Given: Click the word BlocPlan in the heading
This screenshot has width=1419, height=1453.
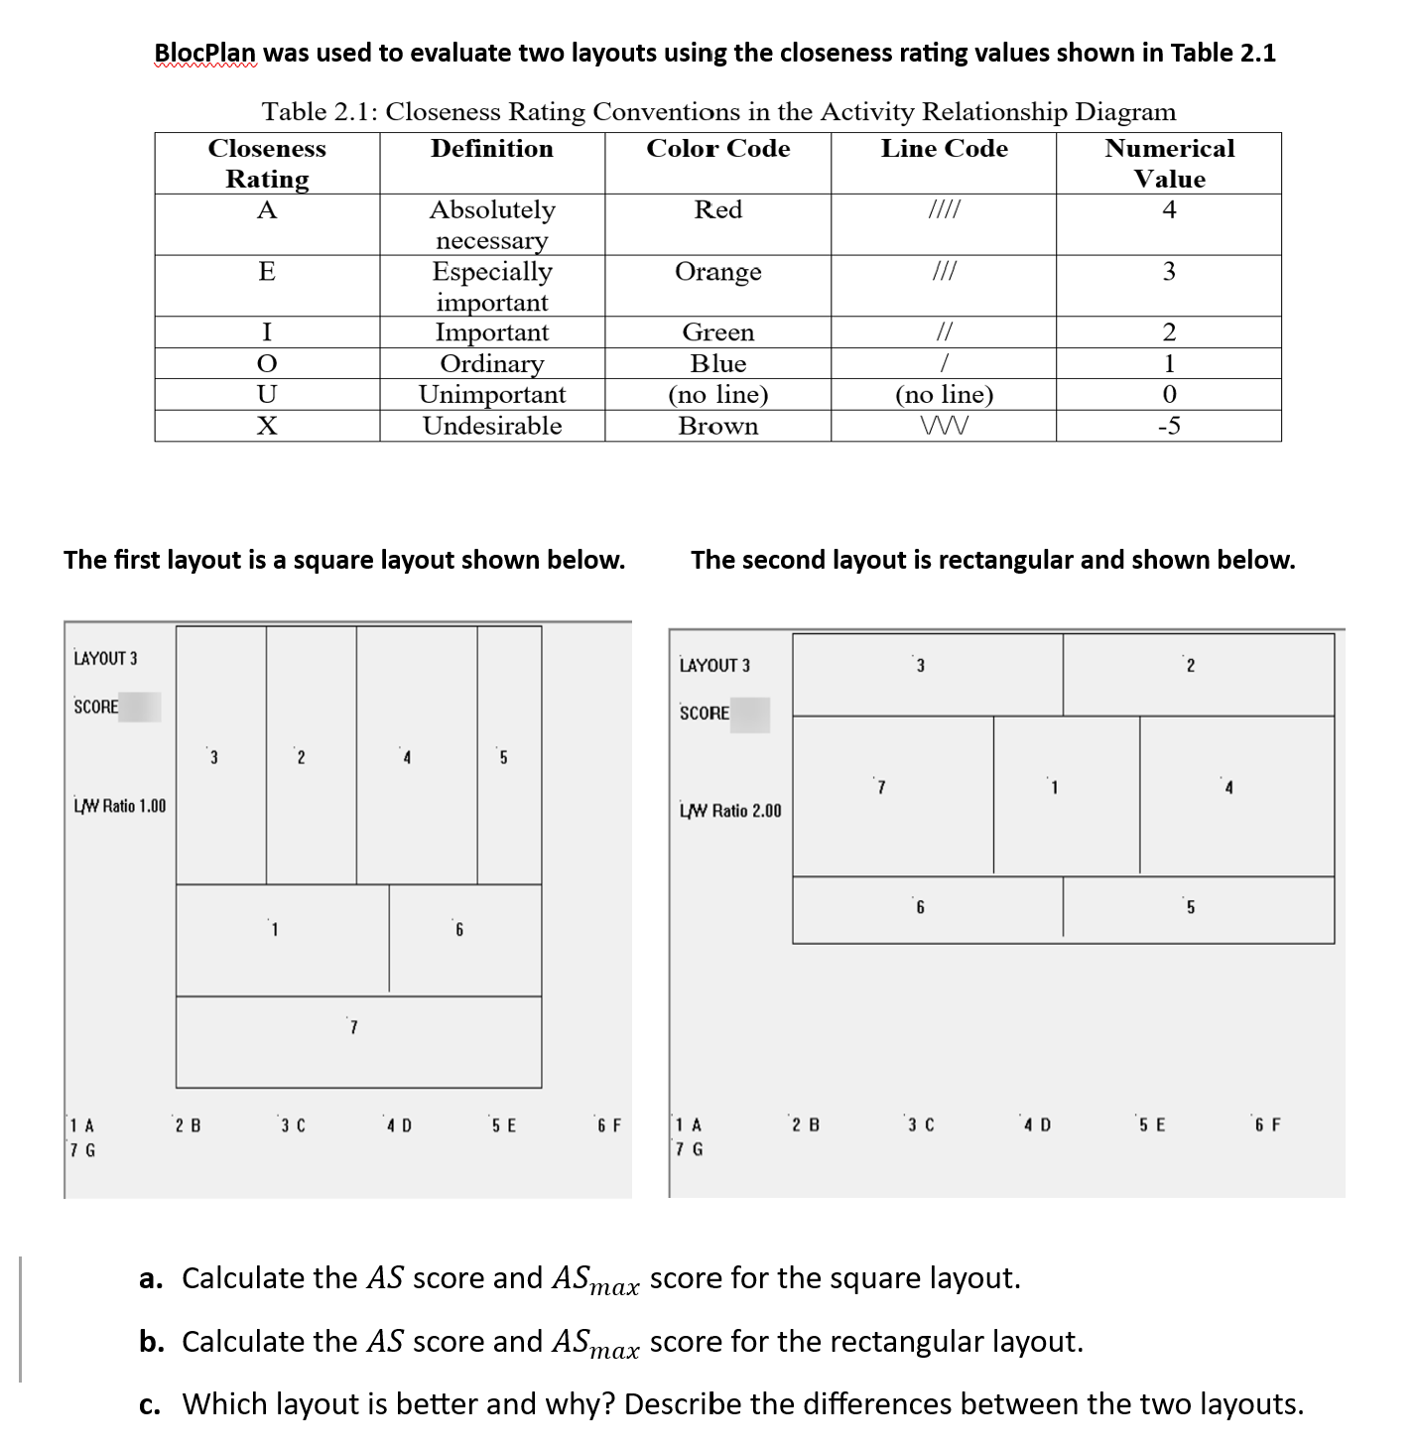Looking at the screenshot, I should coord(205,53).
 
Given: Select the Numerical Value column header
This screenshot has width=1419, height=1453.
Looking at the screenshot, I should coord(1169,164).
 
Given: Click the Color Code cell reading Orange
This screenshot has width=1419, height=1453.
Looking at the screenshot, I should coord(717,272).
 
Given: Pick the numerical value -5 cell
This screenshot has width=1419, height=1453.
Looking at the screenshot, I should coord(1169,427).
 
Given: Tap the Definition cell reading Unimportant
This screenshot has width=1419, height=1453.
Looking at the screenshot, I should coord(492,395).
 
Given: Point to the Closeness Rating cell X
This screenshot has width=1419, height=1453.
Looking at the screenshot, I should coord(267,427).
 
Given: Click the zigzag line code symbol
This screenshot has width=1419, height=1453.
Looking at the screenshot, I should coord(944,427).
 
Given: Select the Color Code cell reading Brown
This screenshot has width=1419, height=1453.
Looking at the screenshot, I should coord(717,427).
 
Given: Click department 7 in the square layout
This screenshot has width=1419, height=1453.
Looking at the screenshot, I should coord(358,1041).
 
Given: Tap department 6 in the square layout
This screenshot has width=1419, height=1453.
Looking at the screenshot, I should coord(465,939).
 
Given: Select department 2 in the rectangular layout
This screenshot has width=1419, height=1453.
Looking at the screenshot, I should coord(1198,674).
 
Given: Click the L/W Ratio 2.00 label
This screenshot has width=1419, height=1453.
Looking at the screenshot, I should coord(730,811).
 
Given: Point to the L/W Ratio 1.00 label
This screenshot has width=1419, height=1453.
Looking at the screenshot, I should coord(120,806).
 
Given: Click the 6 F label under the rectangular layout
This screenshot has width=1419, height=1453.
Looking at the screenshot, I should coord(1267,1125).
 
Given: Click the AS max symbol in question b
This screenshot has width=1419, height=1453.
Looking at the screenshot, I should coord(594,1344).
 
